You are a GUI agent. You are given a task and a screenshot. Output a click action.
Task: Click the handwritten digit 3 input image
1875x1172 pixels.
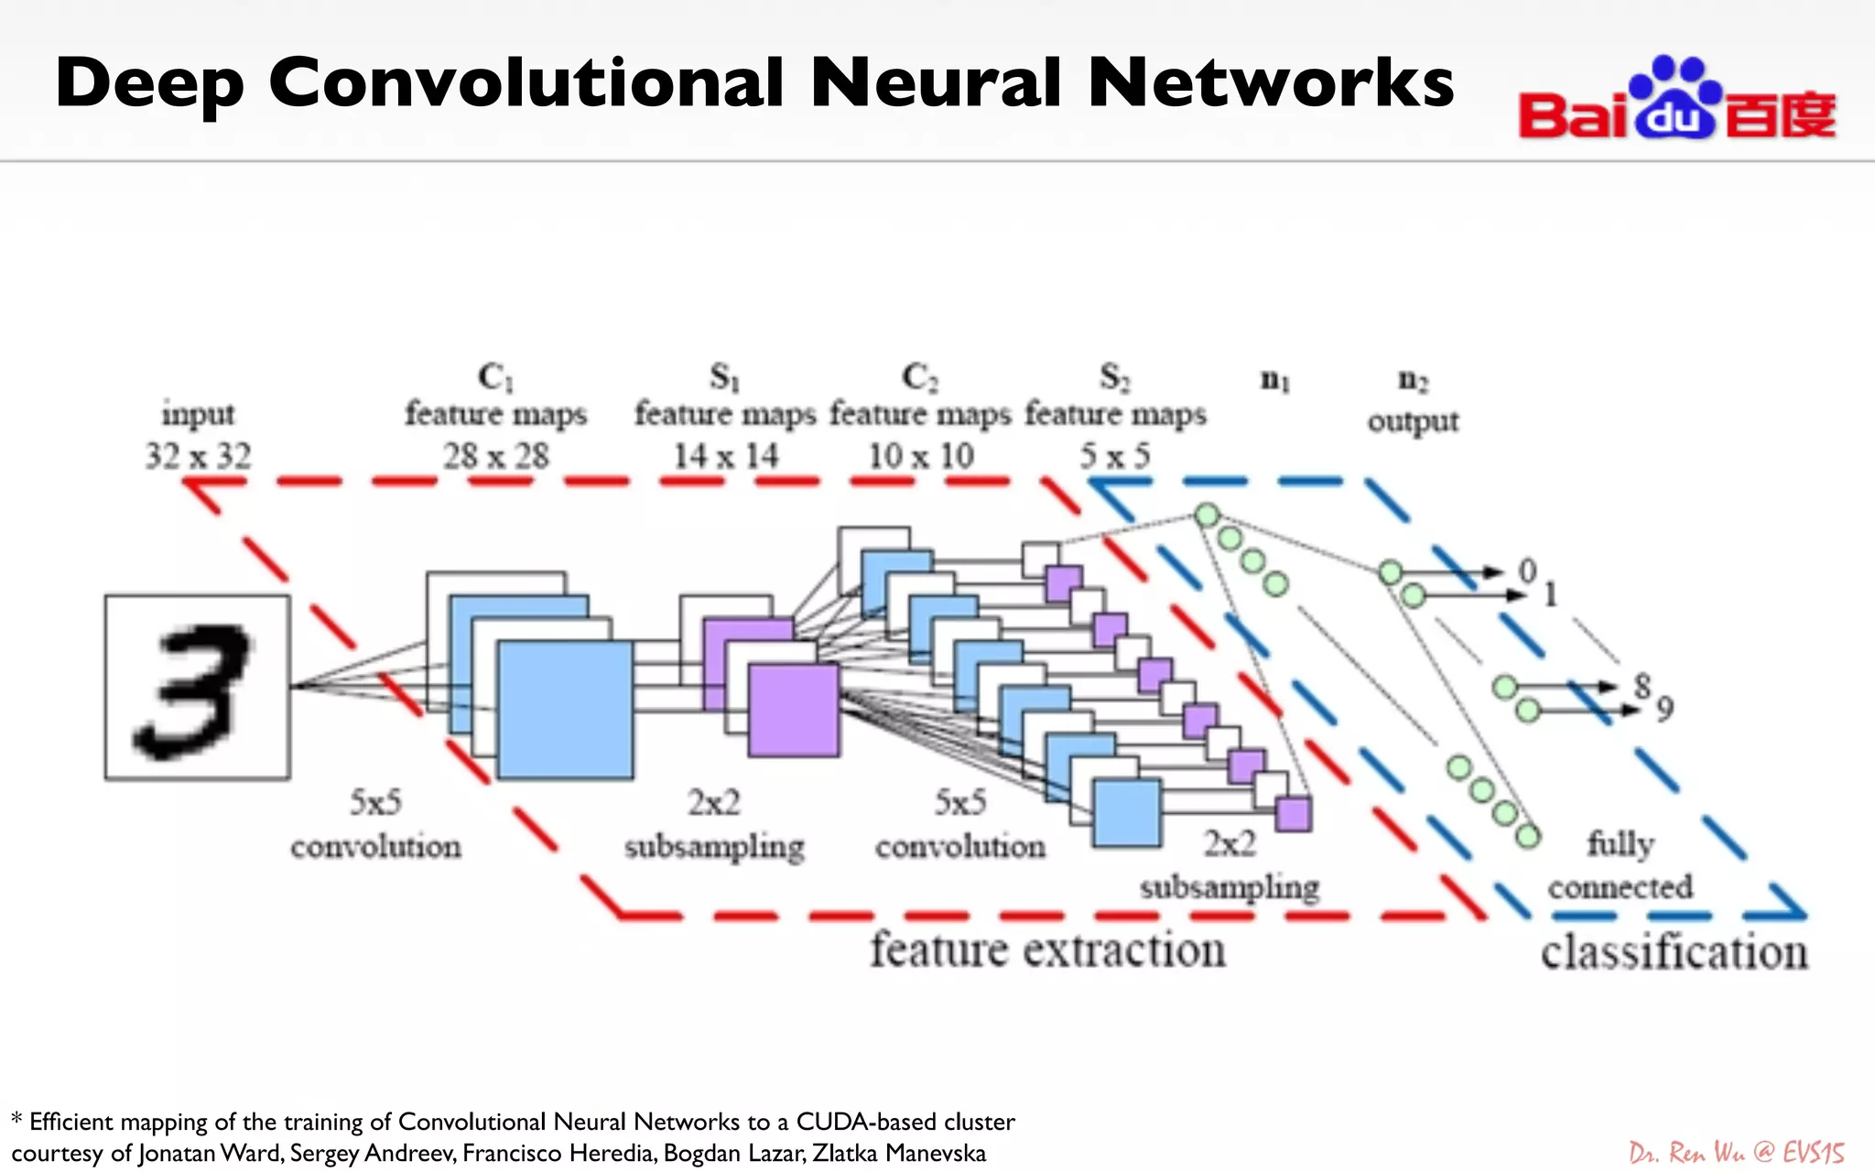[197, 688]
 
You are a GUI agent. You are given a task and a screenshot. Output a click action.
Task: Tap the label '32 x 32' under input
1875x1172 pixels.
[198, 456]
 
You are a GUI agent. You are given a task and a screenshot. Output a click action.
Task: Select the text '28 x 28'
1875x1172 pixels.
[496, 456]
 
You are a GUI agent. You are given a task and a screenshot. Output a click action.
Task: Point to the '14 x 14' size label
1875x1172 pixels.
[725, 456]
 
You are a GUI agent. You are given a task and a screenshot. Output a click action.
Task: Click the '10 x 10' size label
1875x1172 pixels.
[920, 456]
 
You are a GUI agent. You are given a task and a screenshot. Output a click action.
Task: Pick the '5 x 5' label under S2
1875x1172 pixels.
[1114, 456]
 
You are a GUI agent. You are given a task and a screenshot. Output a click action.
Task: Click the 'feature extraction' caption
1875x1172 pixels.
[1047, 950]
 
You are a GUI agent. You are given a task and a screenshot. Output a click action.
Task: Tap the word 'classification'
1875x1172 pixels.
[1674, 952]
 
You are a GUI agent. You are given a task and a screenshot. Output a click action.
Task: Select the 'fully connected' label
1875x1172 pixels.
[1620, 865]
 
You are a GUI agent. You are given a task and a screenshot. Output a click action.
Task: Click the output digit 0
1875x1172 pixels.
[1527, 571]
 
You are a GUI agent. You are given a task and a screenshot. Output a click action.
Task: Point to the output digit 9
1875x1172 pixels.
[1664, 709]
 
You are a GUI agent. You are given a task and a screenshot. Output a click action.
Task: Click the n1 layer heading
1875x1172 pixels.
[1274, 379]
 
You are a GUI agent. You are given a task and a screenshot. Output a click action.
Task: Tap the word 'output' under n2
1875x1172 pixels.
[1413, 422]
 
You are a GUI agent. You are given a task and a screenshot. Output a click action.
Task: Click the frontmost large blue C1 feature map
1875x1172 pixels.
[565, 711]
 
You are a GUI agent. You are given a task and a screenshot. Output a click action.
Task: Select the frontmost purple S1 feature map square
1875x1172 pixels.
[793, 711]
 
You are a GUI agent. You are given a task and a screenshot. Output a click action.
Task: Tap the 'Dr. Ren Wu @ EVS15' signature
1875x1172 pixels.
[1736, 1152]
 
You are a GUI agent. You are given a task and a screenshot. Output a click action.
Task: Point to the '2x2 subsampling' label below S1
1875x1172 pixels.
[714, 825]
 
